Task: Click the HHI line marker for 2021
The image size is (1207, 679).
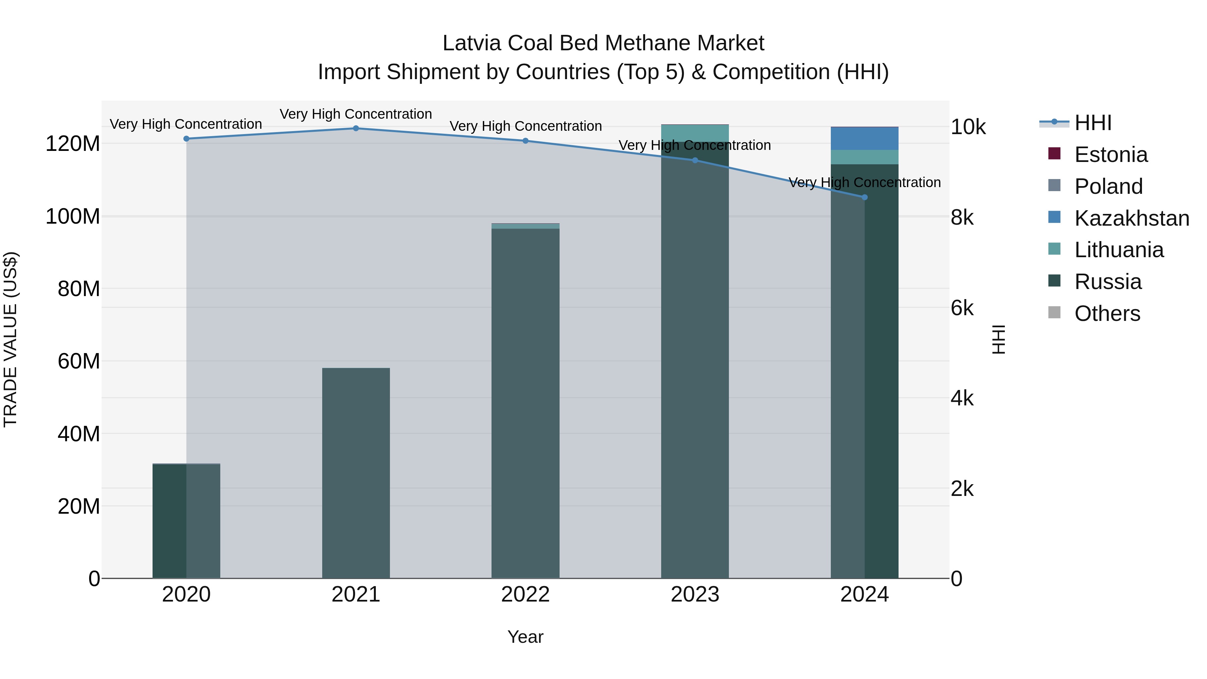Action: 356,128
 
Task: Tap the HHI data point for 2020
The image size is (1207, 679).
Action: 186,139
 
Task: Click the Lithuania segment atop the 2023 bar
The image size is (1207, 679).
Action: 695,133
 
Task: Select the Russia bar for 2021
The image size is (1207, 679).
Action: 356,473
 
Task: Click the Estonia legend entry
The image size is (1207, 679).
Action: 1110,155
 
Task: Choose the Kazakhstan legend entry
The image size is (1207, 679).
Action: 1131,218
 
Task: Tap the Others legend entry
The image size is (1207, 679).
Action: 1107,314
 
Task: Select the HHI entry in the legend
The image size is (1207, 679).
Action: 1093,123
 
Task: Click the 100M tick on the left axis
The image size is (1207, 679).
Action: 73,217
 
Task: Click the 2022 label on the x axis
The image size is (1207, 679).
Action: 525,595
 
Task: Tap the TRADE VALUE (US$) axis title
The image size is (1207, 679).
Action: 11,339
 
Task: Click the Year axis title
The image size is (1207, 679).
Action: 525,637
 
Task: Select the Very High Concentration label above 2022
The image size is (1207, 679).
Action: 526,126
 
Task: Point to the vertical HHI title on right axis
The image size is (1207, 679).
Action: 998,339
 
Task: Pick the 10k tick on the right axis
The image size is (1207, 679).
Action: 968,127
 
